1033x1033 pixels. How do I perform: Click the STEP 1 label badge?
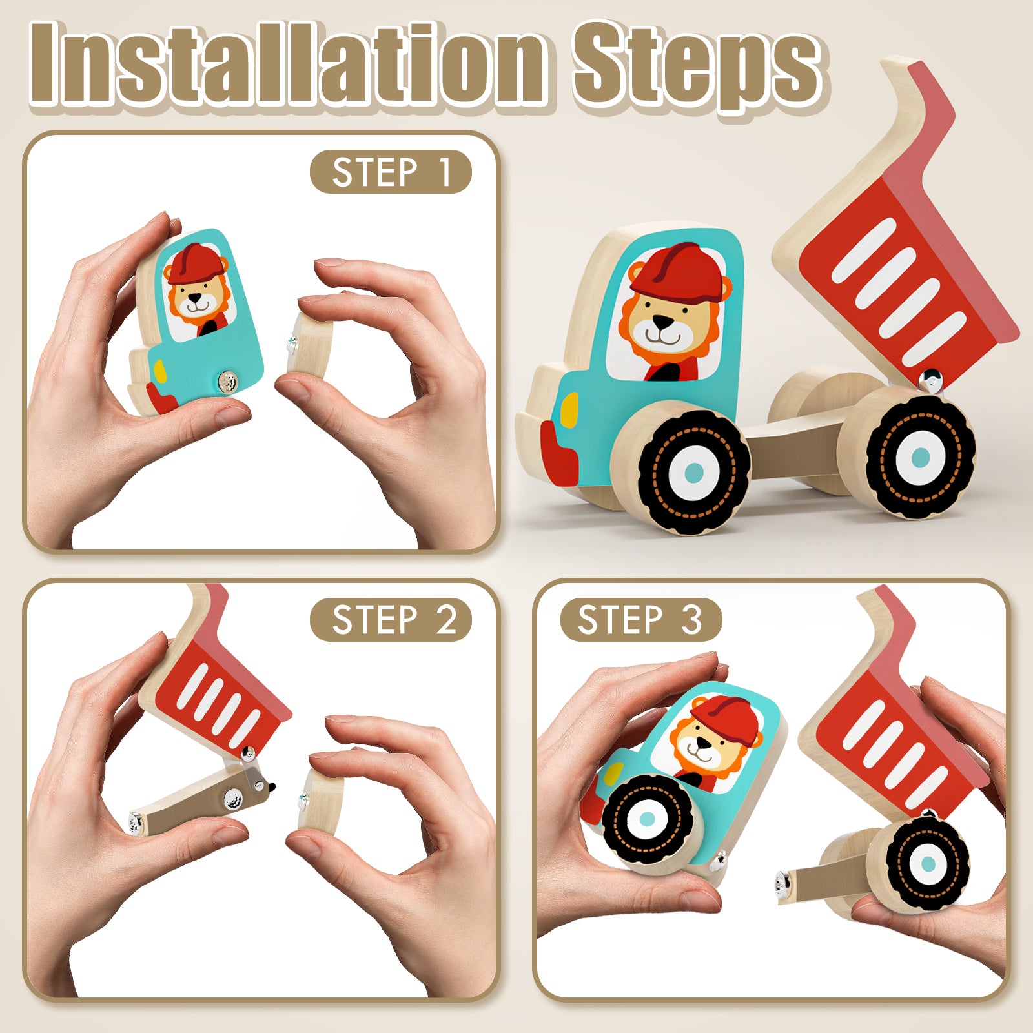pos(391,172)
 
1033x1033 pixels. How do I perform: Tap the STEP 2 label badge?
pos(391,620)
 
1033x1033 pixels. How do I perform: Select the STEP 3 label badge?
pos(640,620)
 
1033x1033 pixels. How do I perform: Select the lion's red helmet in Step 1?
pos(195,263)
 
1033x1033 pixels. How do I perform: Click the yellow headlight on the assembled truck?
pos(569,409)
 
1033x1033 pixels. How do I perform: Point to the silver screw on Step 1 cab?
pos(227,383)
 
